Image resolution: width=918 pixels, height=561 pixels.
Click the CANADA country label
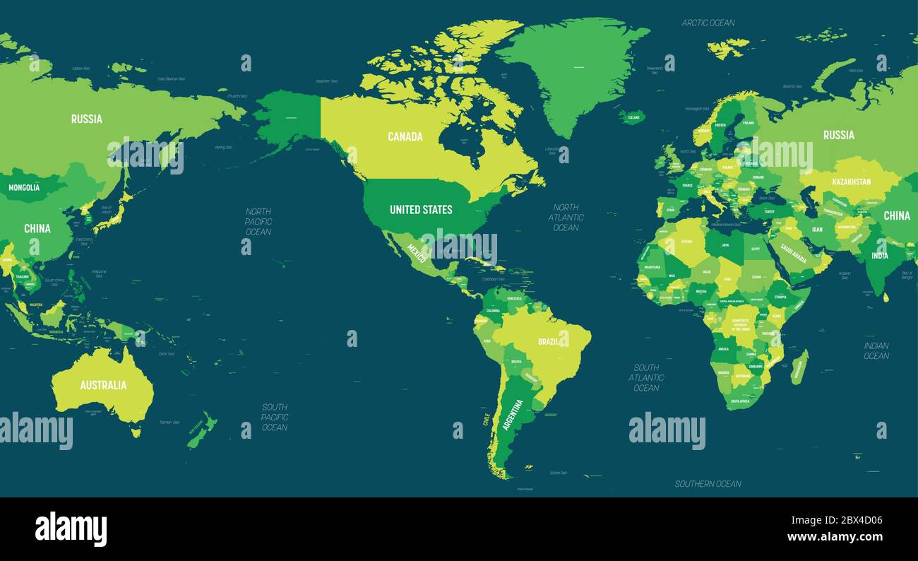(x=405, y=136)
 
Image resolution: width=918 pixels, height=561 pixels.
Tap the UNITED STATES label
(x=421, y=209)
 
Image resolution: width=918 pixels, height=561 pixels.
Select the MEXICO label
(x=417, y=254)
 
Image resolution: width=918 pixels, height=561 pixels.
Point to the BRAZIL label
(x=549, y=341)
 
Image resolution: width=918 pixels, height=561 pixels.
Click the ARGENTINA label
(x=513, y=415)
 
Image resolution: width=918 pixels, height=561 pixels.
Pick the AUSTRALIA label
(x=103, y=385)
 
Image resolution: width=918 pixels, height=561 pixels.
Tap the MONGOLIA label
(x=24, y=188)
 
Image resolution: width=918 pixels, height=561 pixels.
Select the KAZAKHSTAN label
(x=851, y=182)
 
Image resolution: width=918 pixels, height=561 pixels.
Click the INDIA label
(x=879, y=256)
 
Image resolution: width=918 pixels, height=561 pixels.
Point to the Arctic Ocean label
(x=708, y=23)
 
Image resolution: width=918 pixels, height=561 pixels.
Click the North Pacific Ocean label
(x=258, y=221)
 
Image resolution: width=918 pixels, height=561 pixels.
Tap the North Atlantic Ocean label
(x=566, y=217)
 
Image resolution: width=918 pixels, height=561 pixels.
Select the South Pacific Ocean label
(x=275, y=417)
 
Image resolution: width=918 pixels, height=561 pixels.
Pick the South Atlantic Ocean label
(x=646, y=377)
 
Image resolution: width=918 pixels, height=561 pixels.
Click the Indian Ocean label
(x=876, y=350)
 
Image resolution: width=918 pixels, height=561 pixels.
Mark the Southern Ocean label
(x=708, y=484)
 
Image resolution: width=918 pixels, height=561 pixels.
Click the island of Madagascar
(x=799, y=368)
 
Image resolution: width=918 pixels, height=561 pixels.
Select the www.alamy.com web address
(x=835, y=536)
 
